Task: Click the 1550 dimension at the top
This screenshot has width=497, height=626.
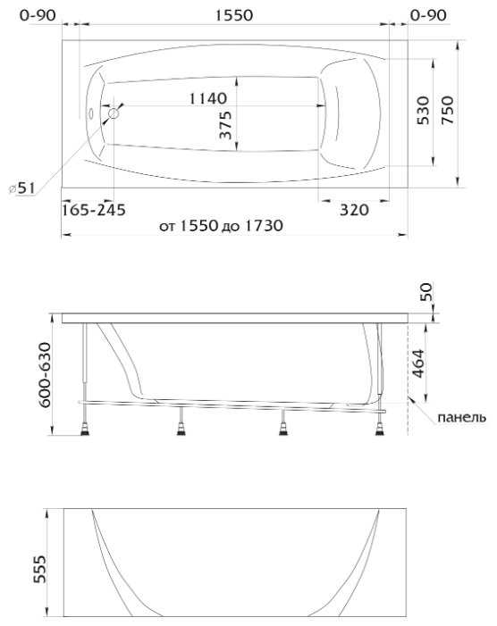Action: point(234,15)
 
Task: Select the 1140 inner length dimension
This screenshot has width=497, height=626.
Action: point(207,98)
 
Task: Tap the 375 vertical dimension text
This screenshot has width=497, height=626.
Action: point(225,125)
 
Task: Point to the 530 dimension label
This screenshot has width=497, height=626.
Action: point(423,110)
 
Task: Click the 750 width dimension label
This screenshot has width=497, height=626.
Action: point(448,110)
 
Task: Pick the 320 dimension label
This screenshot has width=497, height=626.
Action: point(354,209)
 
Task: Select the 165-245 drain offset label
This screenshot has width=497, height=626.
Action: point(94,209)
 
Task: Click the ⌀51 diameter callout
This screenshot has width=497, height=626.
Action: point(21,188)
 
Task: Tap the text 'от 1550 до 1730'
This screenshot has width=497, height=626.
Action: point(221,226)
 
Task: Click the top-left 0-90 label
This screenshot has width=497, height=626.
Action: point(38,15)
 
